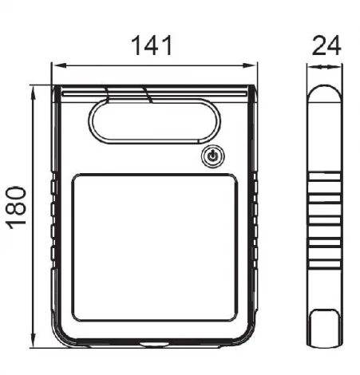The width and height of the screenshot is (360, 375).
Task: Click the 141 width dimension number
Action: tap(152, 45)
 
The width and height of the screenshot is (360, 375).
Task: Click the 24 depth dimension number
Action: tap(326, 45)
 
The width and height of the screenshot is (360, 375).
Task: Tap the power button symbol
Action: tap(212, 156)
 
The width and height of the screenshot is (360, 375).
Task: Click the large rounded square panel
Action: tap(155, 247)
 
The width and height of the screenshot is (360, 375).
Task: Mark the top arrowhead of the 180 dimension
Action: tap(33, 93)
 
